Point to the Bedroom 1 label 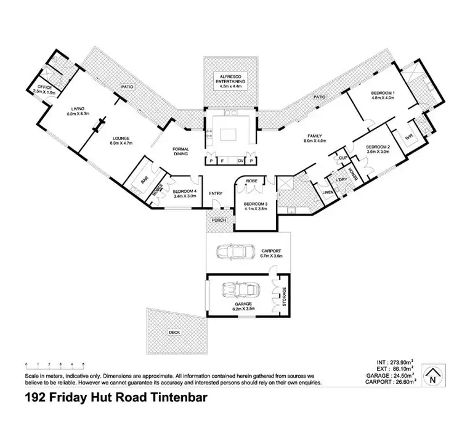pos(383,92)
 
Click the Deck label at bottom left pos(175,332)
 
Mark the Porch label pos(219,220)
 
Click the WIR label pos(409,137)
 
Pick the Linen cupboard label pos(328,192)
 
